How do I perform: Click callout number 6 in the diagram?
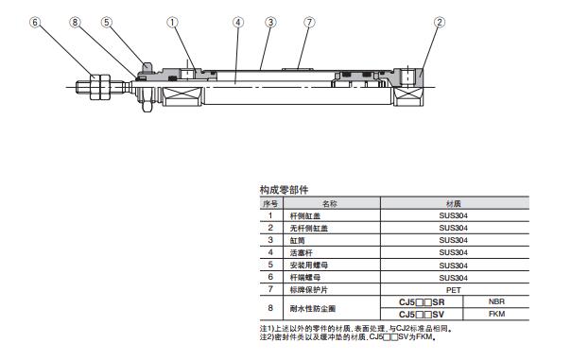point(35,22)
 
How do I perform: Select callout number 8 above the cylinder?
point(75,22)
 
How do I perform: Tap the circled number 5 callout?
point(106,22)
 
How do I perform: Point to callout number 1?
point(172,22)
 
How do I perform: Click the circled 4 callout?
point(238,22)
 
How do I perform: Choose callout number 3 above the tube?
point(270,22)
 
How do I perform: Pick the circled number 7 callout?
point(309,22)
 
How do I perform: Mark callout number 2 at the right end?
point(440,22)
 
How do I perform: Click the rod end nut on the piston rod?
point(100,87)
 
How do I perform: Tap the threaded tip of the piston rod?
point(83,87)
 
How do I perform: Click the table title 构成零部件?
point(284,190)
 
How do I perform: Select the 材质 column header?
point(454,203)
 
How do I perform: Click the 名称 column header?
point(330,203)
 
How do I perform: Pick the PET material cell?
point(454,290)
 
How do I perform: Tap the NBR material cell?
point(496,301)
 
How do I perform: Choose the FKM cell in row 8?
point(496,314)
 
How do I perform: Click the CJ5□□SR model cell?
point(422,302)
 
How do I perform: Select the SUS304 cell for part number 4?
point(454,252)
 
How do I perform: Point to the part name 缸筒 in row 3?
point(297,240)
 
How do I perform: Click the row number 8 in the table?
point(270,308)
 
